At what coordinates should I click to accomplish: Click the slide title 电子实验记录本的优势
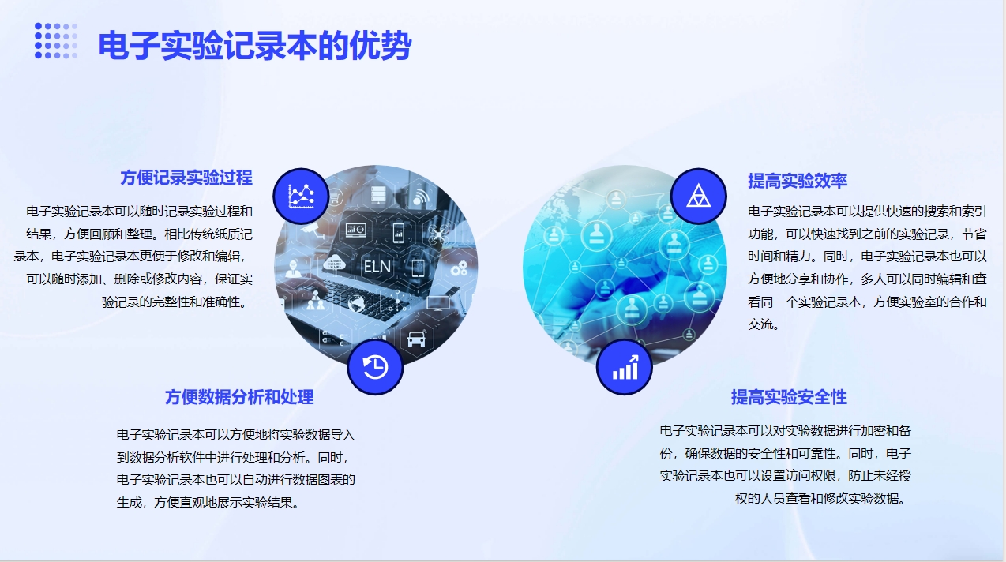pyautogui.click(x=254, y=45)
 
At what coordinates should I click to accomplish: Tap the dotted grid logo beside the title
pyautogui.click(x=56, y=41)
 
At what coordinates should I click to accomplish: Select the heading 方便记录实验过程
pyautogui.click(x=186, y=178)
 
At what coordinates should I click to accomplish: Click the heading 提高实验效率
pyautogui.click(x=798, y=181)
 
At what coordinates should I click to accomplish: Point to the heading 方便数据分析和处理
pyautogui.click(x=239, y=397)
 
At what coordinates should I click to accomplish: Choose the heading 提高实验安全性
pyautogui.click(x=789, y=397)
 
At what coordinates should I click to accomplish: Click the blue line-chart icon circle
pyautogui.click(x=301, y=197)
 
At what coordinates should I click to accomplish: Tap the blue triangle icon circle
pyautogui.click(x=698, y=197)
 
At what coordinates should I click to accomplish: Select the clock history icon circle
pyautogui.click(x=375, y=367)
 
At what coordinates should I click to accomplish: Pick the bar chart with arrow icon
pyautogui.click(x=625, y=367)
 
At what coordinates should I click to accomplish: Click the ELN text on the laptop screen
pyautogui.click(x=377, y=267)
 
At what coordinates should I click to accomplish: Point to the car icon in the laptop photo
pyautogui.click(x=416, y=339)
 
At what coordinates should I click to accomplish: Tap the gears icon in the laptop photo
pyautogui.click(x=459, y=268)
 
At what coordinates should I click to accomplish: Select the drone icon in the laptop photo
pyautogui.click(x=439, y=234)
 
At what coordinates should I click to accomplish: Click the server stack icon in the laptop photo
pyautogui.click(x=378, y=195)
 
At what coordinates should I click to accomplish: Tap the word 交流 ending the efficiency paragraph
pyautogui.click(x=763, y=324)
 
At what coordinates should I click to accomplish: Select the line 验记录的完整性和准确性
pyautogui.click(x=177, y=302)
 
